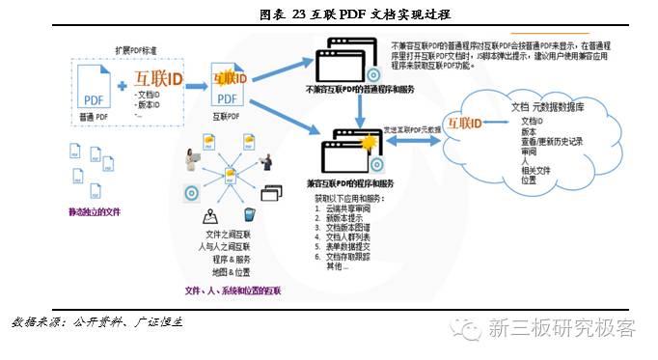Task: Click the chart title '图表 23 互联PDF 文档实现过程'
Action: [329, 14]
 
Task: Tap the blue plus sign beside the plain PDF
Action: [123, 88]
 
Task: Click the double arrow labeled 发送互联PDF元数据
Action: [413, 141]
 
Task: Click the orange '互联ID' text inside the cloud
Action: [484, 123]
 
